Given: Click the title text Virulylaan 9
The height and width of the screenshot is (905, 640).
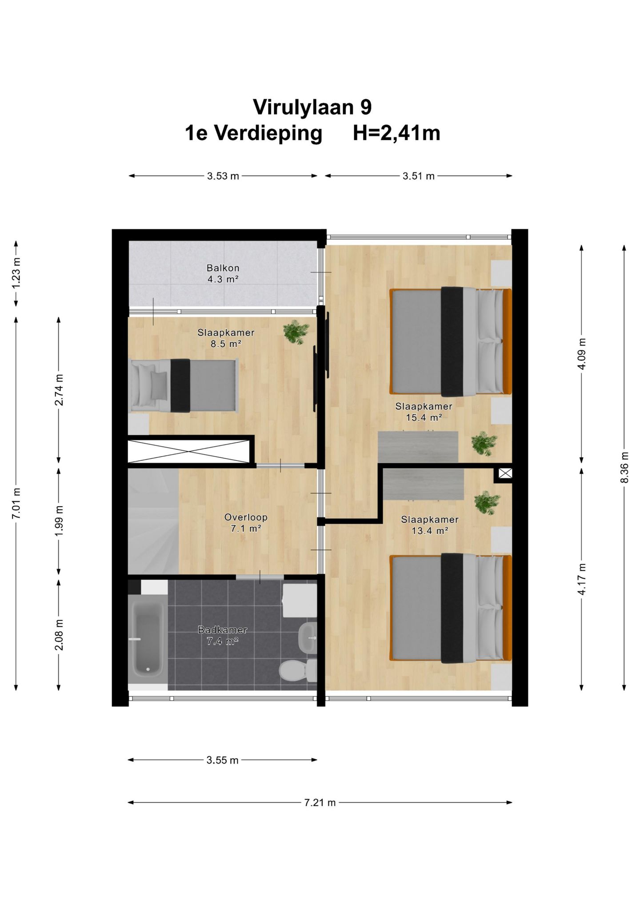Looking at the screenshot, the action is pyautogui.click(x=312, y=107).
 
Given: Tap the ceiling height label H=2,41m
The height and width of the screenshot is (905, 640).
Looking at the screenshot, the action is pyautogui.click(x=396, y=133).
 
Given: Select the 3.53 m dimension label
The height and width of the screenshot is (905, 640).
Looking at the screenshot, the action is pyautogui.click(x=223, y=176).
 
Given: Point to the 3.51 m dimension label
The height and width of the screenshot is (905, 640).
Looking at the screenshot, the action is pyautogui.click(x=419, y=176).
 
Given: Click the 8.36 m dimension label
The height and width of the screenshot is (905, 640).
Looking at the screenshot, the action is pyautogui.click(x=624, y=467).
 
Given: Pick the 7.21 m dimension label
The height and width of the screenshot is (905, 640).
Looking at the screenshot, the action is pyautogui.click(x=320, y=802).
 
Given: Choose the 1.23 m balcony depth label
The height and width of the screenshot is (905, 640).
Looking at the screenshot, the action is pyautogui.click(x=16, y=273).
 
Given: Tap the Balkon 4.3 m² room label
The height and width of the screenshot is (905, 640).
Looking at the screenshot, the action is pyautogui.click(x=223, y=274).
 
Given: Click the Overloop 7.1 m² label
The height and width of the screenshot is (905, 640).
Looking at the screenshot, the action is pyautogui.click(x=246, y=523).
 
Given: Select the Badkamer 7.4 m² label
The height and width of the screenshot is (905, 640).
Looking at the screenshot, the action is pyautogui.click(x=223, y=635).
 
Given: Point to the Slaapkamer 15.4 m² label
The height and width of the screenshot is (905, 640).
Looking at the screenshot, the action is pyautogui.click(x=424, y=412).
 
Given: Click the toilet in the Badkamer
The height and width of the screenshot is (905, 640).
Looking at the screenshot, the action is pyautogui.click(x=298, y=670).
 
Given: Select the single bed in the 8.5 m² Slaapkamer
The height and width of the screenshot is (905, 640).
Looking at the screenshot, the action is pyautogui.click(x=183, y=385).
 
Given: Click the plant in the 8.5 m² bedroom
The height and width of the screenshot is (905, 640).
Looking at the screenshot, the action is pyautogui.click(x=296, y=332).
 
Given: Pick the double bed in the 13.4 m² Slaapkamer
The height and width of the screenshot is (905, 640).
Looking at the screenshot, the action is pyautogui.click(x=451, y=608).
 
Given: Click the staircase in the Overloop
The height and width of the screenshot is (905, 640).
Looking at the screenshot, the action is pyautogui.click(x=153, y=521).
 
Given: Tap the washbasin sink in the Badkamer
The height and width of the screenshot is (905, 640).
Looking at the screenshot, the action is pyautogui.click(x=308, y=638).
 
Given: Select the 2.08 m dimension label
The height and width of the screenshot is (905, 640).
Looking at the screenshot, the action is pyautogui.click(x=59, y=635).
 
